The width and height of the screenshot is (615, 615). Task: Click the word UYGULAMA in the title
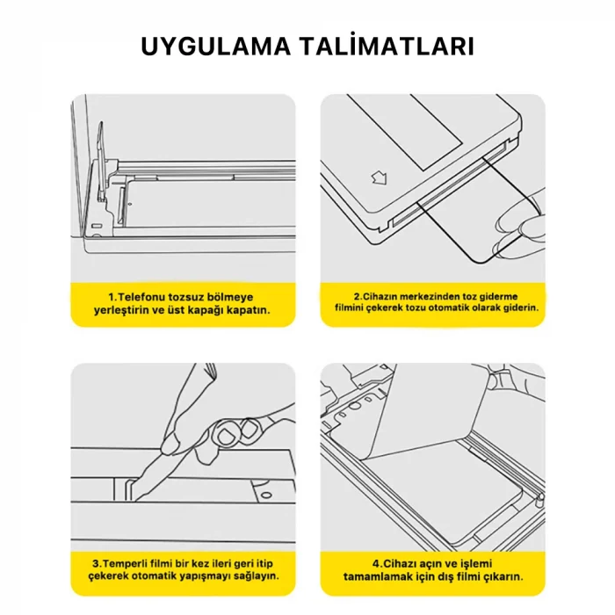click(224, 47)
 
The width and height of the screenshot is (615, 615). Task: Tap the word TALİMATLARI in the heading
click(393, 47)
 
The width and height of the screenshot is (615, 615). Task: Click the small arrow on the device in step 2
click(380, 179)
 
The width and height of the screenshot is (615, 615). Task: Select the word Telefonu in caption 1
click(140, 297)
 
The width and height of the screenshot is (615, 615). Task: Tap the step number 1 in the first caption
click(111, 297)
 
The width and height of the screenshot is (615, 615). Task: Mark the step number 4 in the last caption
click(375, 563)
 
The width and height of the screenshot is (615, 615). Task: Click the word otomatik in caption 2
click(447, 309)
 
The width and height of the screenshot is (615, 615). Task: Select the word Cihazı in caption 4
click(399, 563)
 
